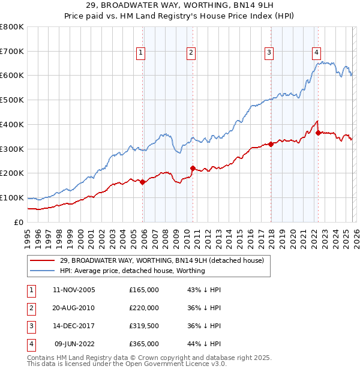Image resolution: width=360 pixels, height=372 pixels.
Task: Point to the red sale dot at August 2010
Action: (x=193, y=168)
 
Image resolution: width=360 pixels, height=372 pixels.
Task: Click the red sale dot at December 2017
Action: (x=271, y=144)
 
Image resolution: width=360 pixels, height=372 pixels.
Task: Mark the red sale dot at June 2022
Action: (x=318, y=133)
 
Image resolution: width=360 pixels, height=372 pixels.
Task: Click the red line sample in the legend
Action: (x=42, y=261)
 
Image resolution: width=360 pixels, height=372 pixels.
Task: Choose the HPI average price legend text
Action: (x=133, y=271)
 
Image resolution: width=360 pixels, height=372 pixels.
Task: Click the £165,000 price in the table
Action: (x=144, y=290)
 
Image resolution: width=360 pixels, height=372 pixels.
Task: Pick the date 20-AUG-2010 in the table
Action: (x=74, y=308)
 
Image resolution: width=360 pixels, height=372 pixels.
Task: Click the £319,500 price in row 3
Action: (x=144, y=326)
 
